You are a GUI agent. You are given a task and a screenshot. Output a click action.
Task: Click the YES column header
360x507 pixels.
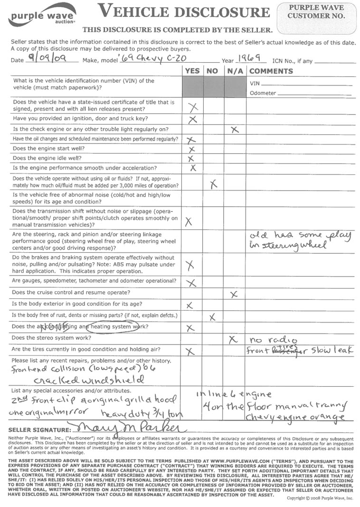coord(192,71)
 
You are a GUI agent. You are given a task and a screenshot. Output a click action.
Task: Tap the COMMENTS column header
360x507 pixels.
coord(271,71)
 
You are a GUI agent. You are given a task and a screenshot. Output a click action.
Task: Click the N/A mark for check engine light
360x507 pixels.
coord(234,129)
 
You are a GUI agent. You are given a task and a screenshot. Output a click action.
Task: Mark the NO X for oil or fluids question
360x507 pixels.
coord(214,183)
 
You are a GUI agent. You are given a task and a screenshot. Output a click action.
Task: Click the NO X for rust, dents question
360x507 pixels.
coord(213,316)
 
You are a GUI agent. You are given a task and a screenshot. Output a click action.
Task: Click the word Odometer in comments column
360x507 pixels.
coord(263,93)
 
